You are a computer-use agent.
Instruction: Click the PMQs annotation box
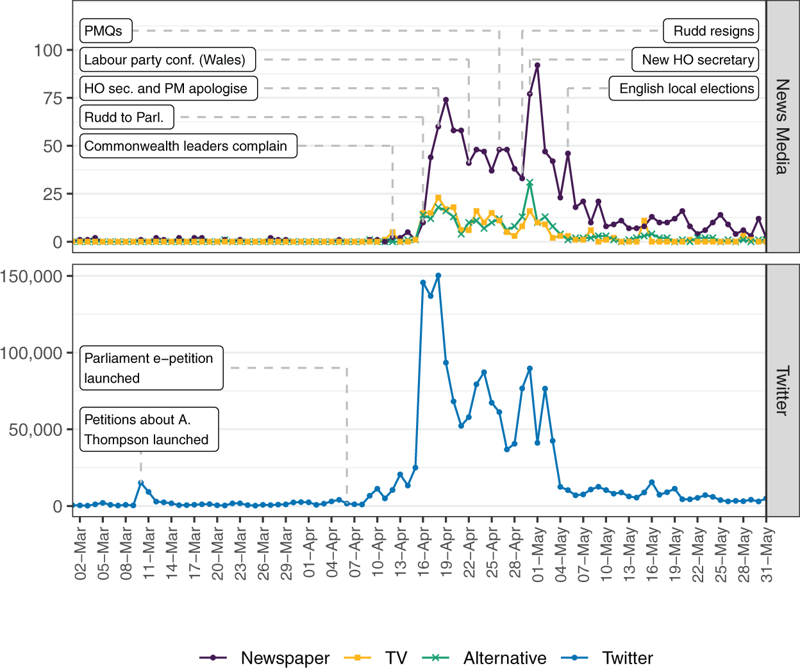coord(106,31)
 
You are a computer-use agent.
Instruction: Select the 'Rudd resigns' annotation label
coord(711,31)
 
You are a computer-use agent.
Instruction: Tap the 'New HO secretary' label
coord(695,60)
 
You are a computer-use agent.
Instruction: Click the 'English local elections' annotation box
coord(683,88)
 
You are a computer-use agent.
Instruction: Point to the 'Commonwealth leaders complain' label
coord(188,146)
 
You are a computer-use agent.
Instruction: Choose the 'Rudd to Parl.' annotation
coord(127,117)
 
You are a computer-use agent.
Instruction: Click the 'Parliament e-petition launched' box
coord(151,368)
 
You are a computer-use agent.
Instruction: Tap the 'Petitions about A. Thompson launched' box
coord(149,430)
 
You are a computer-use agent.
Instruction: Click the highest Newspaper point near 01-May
coord(537,65)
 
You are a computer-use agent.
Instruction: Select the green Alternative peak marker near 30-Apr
coord(530,183)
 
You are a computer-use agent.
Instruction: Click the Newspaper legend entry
coord(264,658)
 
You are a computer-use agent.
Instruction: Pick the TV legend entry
coord(376,658)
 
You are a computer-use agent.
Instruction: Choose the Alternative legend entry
coord(484,658)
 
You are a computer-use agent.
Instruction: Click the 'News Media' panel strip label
coord(783,127)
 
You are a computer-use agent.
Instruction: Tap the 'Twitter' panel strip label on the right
coord(783,390)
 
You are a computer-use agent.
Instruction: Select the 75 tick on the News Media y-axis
coord(53,99)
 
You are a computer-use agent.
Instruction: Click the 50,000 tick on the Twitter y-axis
coord(35,430)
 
